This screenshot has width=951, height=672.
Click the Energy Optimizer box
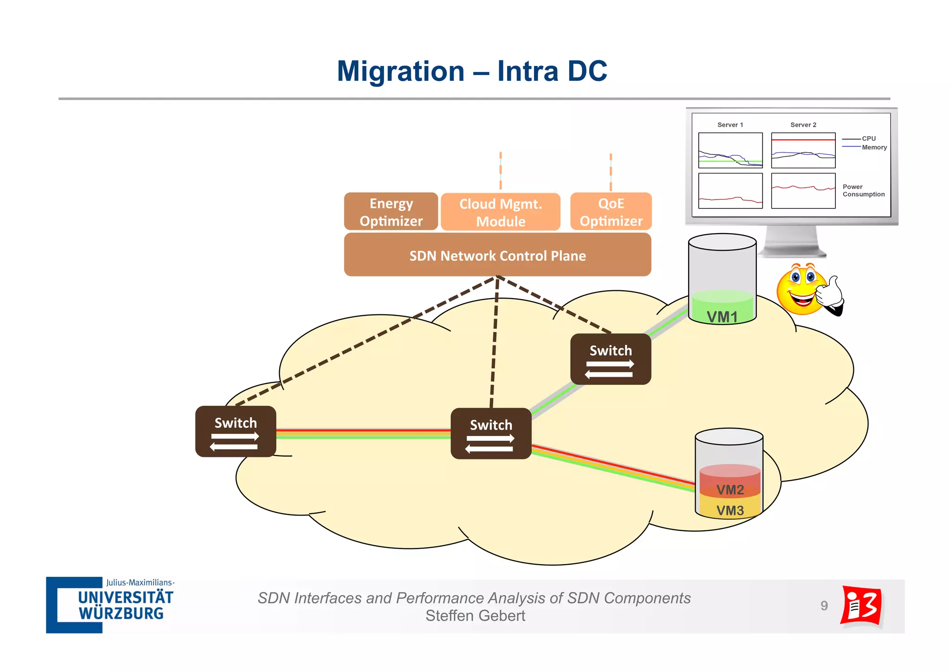click(391, 212)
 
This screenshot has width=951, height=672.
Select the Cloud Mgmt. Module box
click(501, 212)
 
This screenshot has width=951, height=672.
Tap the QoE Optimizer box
click(611, 212)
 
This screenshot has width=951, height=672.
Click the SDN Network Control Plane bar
click(497, 255)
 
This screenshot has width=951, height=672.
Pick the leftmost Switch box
click(235, 431)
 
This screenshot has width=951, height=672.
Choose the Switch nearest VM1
click(611, 359)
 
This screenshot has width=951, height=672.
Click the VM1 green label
click(722, 316)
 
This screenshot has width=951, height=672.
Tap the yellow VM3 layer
click(730, 510)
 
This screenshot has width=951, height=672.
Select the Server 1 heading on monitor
click(730, 125)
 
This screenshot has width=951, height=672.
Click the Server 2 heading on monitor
click(803, 125)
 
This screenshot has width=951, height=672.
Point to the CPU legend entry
click(868, 138)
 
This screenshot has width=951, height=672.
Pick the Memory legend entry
click(874, 147)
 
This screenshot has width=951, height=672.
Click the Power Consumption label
click(863, 190)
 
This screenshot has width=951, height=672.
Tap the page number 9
click(824, 606)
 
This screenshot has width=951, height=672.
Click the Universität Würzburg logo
click(111, 605)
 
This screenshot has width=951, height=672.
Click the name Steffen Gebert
click(475, 616)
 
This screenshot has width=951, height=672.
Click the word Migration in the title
click(400, 71)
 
